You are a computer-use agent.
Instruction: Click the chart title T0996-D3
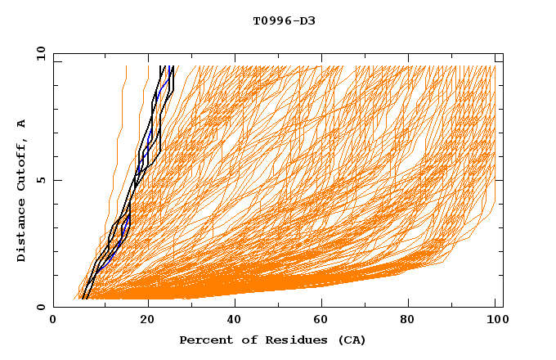click(x=284, y=20)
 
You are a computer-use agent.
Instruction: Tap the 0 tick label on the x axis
click(x=53, y=321)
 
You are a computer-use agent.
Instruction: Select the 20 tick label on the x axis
click(x=146, y=321)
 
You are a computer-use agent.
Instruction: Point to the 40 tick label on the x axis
click(x=235, y=321)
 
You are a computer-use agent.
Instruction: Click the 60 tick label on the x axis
click(x=323, y=321)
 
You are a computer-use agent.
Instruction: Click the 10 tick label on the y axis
click(x=40, y=53)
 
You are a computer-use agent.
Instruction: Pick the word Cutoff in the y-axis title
click(x=22, y=164)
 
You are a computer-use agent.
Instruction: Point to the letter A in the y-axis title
click(x=22, y=124)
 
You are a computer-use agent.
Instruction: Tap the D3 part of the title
click(x=307, y=20)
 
